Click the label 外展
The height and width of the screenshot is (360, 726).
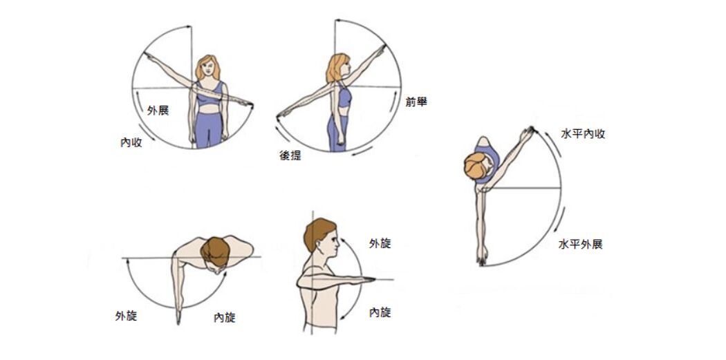pos(158,110)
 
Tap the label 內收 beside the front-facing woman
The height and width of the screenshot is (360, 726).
pos(131,142)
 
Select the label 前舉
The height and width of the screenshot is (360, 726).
pos(416,102)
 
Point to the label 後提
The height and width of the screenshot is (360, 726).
pos(290,155)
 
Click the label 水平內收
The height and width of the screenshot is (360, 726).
pos(583,134)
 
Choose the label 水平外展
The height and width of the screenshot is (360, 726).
pos(581,245)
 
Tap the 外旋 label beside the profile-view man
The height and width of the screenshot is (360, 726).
pos(380,243)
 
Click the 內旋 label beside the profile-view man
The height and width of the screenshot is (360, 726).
pos(380,312)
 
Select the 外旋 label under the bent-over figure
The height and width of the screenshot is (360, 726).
pos(126,316)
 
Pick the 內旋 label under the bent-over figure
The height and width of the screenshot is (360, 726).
pos(225,317)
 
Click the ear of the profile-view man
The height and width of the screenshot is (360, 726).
pos(320,245)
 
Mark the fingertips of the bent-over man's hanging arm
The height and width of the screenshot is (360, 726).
pos(178,320)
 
